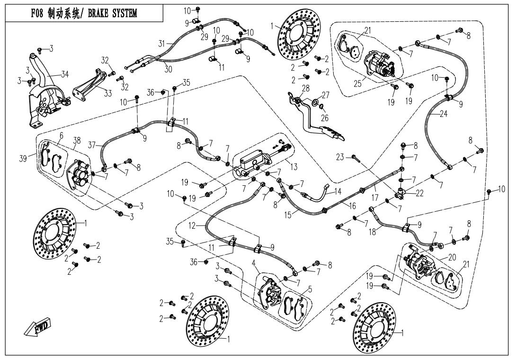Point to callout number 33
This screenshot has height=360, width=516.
pos(107,94)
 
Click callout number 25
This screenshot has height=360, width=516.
pos(357,84)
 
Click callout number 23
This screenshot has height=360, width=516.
pos(340,157)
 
